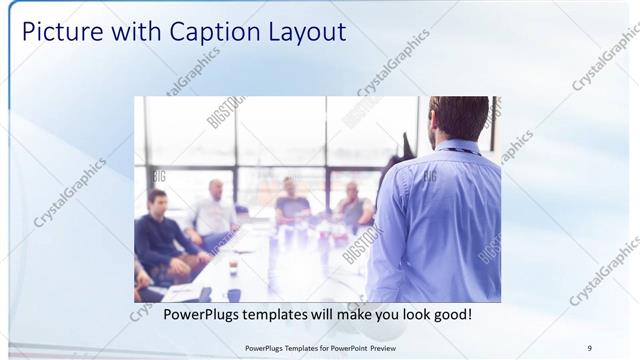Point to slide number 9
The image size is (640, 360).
point(589,348)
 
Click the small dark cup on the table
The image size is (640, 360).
point(232,267)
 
